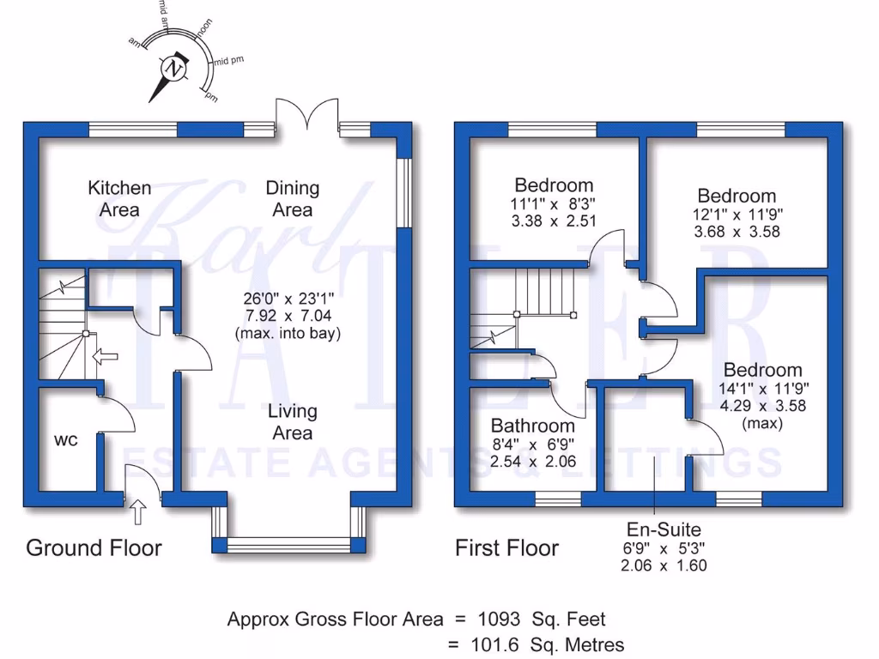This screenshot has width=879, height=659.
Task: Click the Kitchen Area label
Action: coord(120,198)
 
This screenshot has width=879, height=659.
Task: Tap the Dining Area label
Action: coord(292,198)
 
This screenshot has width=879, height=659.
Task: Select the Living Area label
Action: coord(292,421)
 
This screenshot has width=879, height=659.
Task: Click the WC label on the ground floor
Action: coord(66,440)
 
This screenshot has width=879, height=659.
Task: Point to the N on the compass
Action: coord(175,69)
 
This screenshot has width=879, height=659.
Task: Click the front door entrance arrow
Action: coord(137,513)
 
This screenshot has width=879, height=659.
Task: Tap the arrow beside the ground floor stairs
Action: coord(104,356)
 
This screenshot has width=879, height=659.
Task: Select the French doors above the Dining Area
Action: coord(307,116)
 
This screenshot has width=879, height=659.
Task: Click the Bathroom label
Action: coord(532,426)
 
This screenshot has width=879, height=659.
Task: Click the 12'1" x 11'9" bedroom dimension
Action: coord(737,214)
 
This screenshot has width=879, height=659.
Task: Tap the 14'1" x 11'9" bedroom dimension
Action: coord(763,389)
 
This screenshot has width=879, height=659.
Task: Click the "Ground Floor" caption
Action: coord(94,547)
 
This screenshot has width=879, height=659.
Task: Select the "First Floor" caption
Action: coord(506,547)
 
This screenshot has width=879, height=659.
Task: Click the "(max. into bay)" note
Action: coord(288,333)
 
